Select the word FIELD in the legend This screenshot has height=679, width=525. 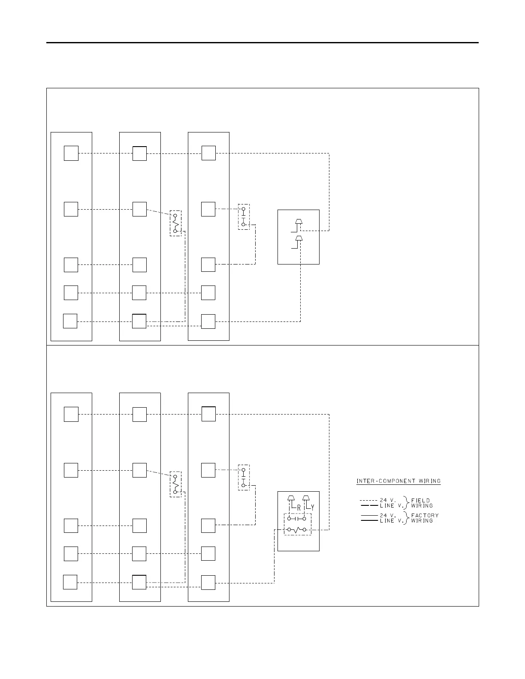[x=420, y=500]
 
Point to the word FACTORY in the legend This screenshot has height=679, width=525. [x=425, y=515]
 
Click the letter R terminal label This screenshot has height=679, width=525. [x=299, y=508]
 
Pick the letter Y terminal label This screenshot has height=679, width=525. [x=312, y=508]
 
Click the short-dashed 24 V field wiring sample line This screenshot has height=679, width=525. [x=368, y=500]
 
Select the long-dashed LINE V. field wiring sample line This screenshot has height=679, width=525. [x=368, y=505]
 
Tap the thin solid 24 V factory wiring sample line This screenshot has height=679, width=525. [x=368, y=515]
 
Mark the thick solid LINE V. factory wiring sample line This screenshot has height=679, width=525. [x=368, y=520]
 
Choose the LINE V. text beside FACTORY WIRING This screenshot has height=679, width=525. [x=390, y=520]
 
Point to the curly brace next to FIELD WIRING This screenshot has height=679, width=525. [x=407, y=503]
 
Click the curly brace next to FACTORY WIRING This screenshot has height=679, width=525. [x=407, y=518]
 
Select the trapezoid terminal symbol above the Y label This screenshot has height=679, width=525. [x=306, y=498]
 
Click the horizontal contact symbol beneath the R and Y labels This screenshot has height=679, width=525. [x=297, y=518]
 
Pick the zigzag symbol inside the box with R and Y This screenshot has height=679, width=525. [x=297, y=530]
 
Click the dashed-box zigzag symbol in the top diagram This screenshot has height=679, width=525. [x=175, y=223]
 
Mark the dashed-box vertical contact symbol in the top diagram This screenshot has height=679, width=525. [x=243, y=217]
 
